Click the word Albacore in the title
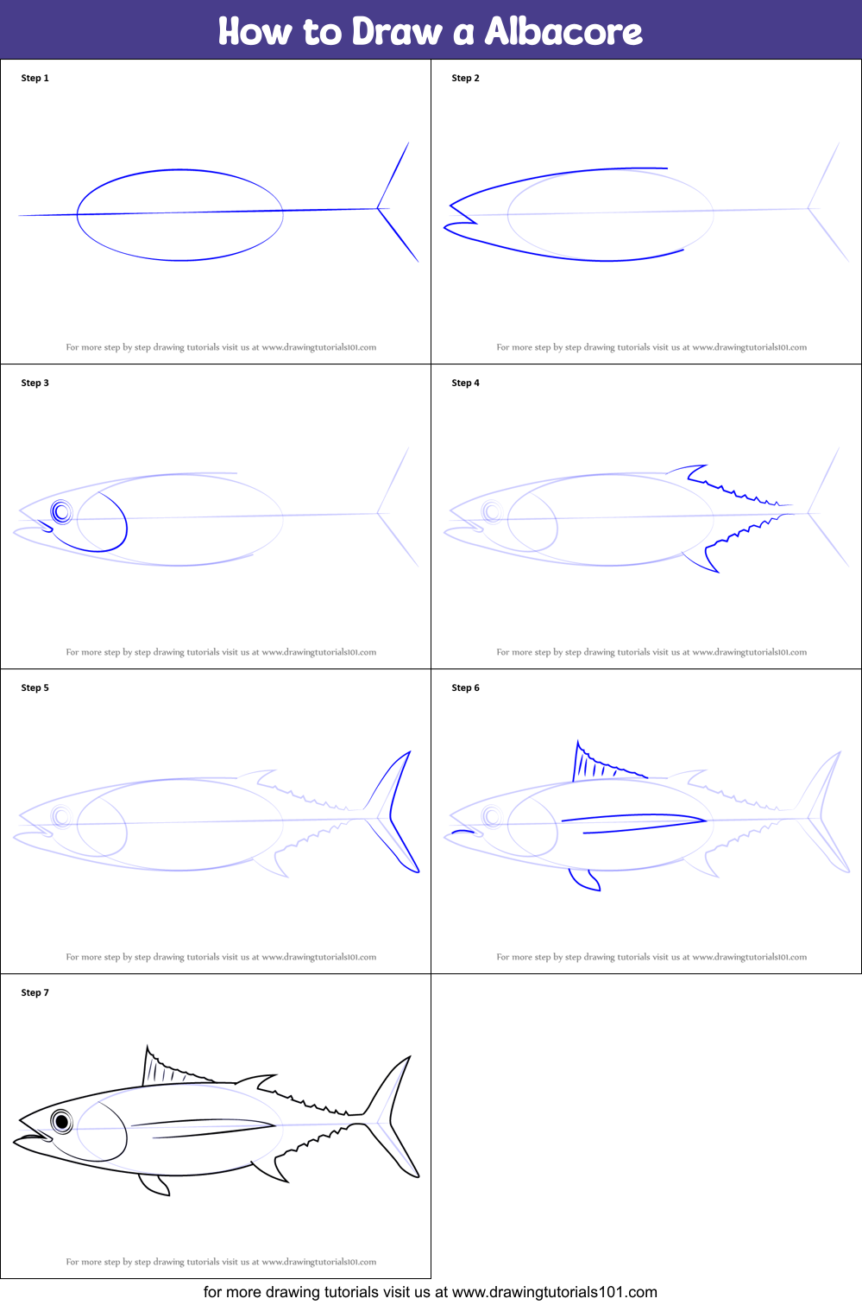(563, 31)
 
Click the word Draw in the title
(397, 31)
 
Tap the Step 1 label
(35, 78)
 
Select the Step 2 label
(465, 78)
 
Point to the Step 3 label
(35, 383)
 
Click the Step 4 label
(465, 383)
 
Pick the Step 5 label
(35, 687)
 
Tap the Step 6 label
(465, 687)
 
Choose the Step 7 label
(35, 992)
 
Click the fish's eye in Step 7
(62, 1121)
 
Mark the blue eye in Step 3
(62, 512)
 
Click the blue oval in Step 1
(180, 171)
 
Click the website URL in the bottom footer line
(554, 1292)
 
